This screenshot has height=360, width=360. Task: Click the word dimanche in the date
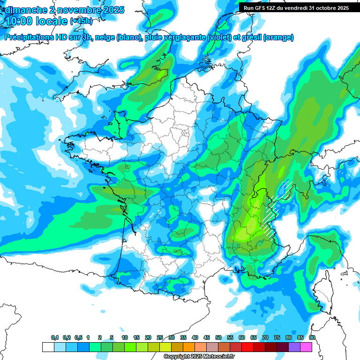pyautogui.click(x=26, y=10)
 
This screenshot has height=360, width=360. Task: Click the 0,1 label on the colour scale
pyautogui.click(x=55, y=338)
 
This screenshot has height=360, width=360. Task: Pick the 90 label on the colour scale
pyautogui.click(x=312, y=338)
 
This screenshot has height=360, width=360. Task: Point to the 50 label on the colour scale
pyautogui.click(x=218, y=338)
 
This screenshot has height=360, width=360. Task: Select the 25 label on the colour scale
pyautogui.click(x=160, y=338)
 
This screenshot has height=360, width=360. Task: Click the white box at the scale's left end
pyautogui.click(x=48, y=347)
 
